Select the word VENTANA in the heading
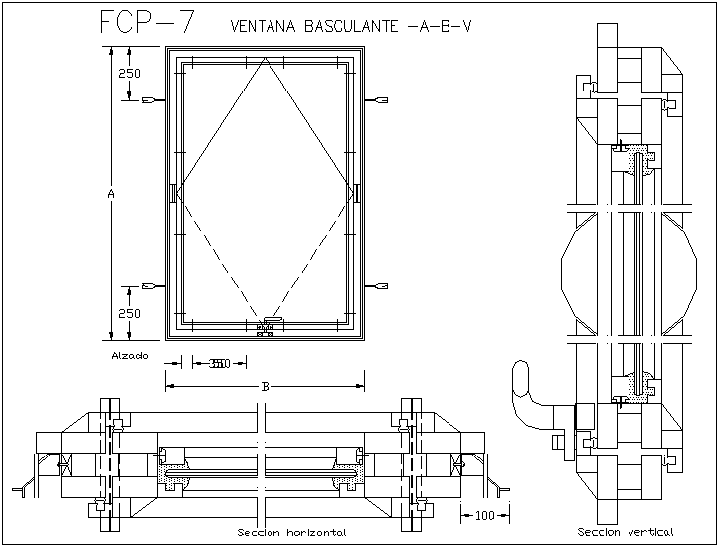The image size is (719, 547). [262, 26]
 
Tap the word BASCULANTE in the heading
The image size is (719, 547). [352, 26]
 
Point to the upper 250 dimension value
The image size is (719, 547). [129, 74]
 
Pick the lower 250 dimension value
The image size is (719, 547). [129, 313]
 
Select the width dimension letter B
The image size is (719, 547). [265, 385]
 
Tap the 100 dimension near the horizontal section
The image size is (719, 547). [485, 515]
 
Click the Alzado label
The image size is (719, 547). [130, 355]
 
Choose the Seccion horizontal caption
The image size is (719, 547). [291, 533]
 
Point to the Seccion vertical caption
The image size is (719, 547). [626, 531]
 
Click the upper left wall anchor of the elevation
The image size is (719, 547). [150, 100]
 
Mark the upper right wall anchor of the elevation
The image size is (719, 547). [381, 100]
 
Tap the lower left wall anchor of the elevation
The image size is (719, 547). [150, 286]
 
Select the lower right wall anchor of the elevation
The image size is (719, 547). [381, 286]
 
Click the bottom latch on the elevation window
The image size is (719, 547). [266, 325]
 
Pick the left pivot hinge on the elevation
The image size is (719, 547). [174, 192]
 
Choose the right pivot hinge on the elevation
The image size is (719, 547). [355, 192]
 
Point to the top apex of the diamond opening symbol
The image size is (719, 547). [265, 59]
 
